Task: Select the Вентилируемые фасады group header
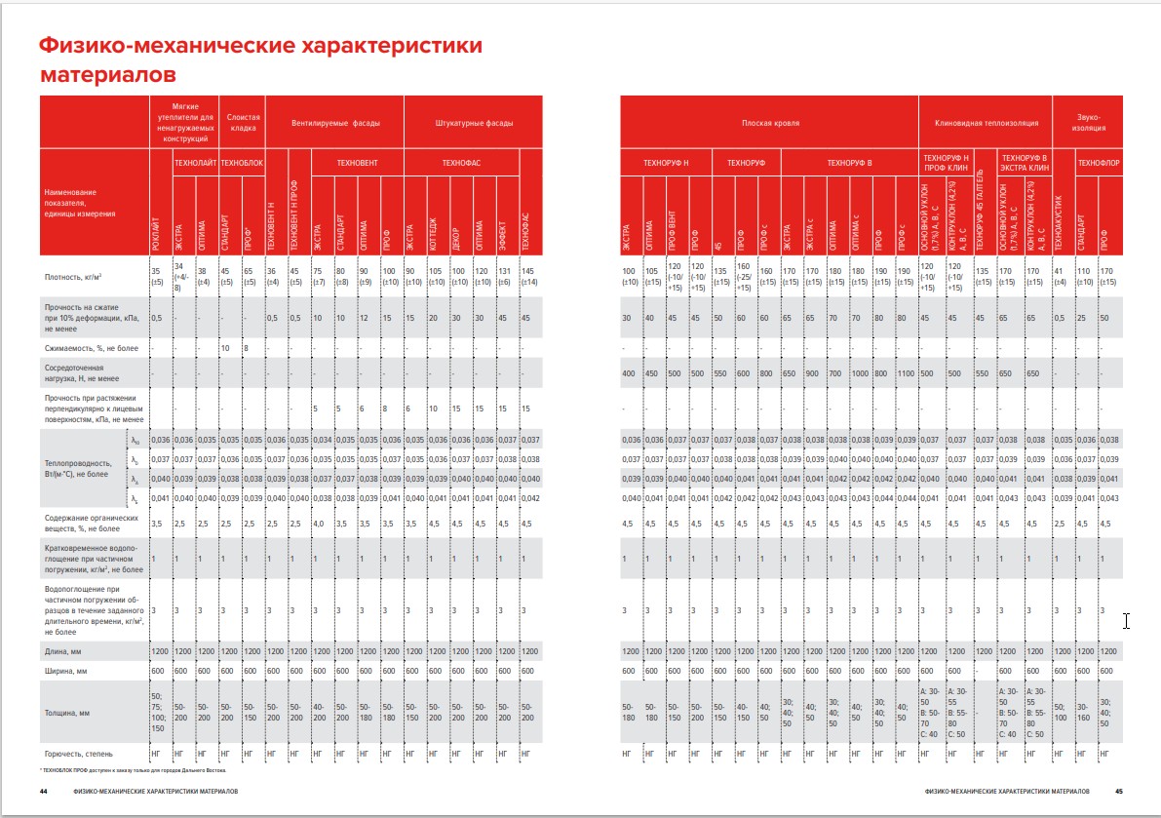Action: (x=335, y=124)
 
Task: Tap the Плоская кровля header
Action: (x=770, y=124)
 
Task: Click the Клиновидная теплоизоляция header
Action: (x=987, y=124)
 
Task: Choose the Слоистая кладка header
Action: (x=242, y=123)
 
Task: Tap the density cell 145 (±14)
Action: (x=527, y=276)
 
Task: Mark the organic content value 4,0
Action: (x=319, y=524)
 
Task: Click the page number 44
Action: (x=44, y=790)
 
